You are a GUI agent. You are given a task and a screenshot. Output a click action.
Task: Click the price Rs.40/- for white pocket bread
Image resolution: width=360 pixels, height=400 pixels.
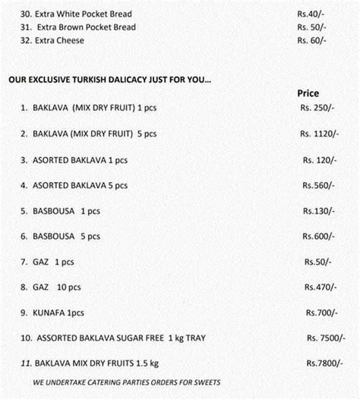click(x=312, y=14)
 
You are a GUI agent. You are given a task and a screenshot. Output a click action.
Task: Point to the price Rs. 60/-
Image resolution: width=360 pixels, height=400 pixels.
click(x=312, y=40)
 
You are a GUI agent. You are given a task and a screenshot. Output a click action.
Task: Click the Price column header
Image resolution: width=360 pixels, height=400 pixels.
click(x=308, y=93)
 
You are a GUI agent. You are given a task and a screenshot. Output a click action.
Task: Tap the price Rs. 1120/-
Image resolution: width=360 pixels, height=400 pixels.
click(x=320, y=134)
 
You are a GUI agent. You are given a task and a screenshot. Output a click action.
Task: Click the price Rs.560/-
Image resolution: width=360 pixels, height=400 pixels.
click(x=317, y=185)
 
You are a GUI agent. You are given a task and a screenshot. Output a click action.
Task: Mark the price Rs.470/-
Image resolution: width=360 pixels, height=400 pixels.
click(x=319, y=288)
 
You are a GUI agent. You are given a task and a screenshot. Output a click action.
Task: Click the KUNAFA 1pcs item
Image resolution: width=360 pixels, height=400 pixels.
click(x=58, y=313)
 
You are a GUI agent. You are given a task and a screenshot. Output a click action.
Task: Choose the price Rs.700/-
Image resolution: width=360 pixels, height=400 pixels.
click(x=321, y=313)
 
